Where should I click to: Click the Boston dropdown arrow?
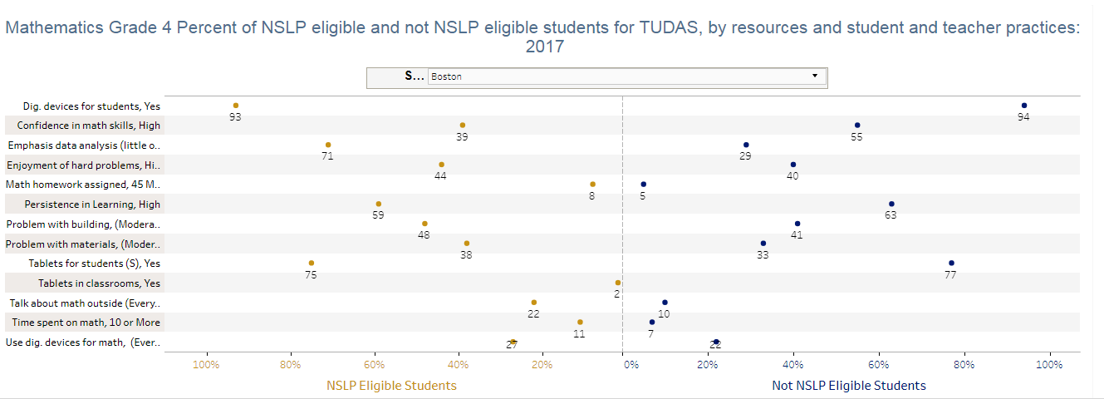pyautogui.click(x=815, y=76)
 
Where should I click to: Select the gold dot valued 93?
pyautogui.click(x=236, y=106)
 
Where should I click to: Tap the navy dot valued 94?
pyautogui.click(x=1024, y=106)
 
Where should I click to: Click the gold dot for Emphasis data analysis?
pyautogui.click(x=328, y=145)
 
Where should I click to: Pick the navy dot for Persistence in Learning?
pyautogui.click(x=891, y=204)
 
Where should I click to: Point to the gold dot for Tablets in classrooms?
pyautogui.click(x=618, y=283)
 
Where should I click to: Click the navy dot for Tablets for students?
pyautogui.click(x=951, y=263)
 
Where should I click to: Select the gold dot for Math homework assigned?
pyautogui.click(x=592, y=184)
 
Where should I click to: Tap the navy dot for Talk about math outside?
pyautogui.click(x=665, y=303)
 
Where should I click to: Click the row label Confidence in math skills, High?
pyautogui.click(x=89, y=126)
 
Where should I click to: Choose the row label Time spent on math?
pyautogui.click(x=86, y=323)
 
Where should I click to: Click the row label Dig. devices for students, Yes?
pyautogui.click(x=91, y=106)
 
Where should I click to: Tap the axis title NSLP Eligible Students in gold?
pyautogui.click(x=391, y=386)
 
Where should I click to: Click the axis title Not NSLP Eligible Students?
pyautogui.click(x=849, y=386)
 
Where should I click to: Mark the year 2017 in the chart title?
pyautogui.click(x=545, y=47)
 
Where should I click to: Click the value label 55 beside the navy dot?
pyautogui.click(x=856, y=136)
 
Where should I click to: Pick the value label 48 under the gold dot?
pyautogui.click(x=424, y=235)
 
